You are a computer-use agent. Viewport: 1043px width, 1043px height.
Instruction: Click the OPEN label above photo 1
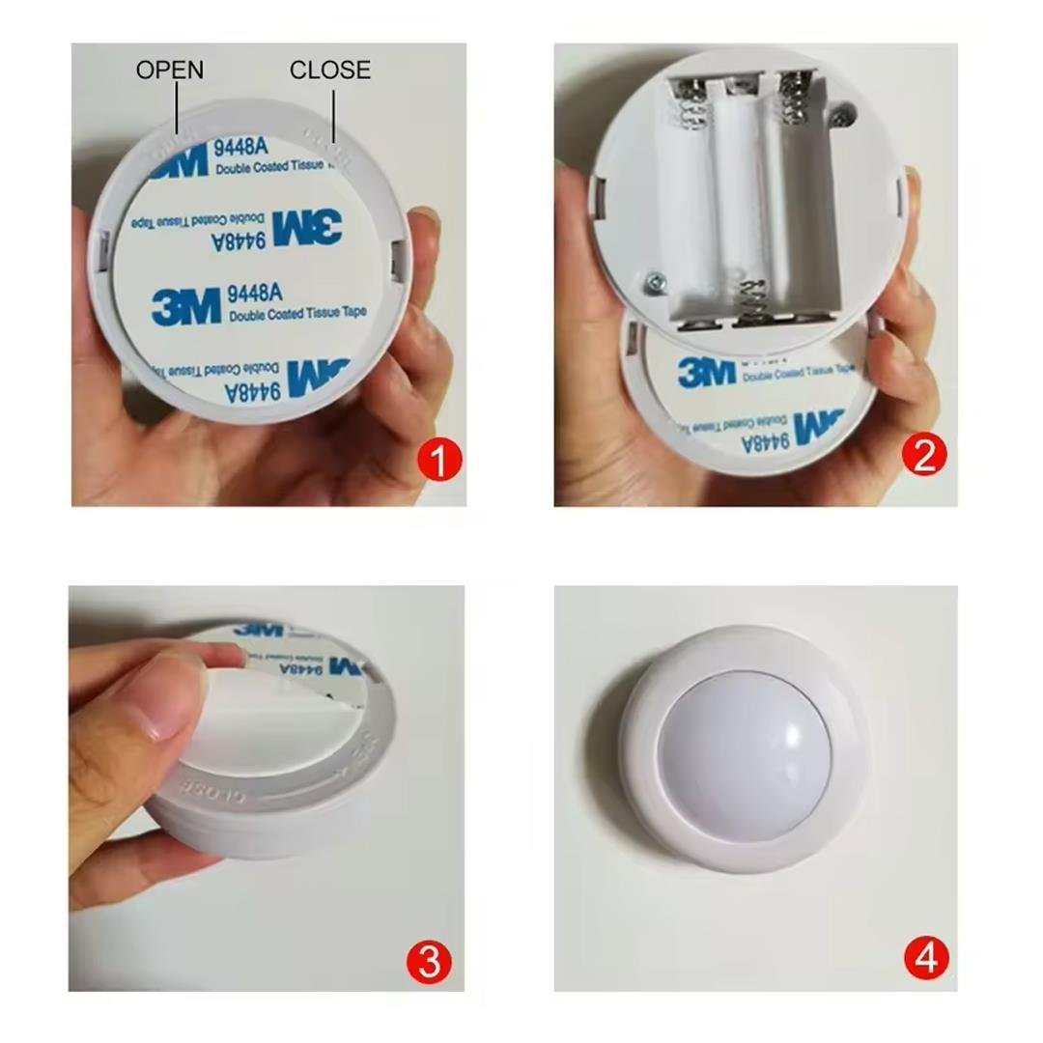pos(170,70)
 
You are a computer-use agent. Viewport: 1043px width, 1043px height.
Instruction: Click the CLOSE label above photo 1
pos(330,70)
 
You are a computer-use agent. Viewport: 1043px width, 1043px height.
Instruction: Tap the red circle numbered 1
pos(439,462)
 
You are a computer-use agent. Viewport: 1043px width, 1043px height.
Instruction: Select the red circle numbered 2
pos(923,455)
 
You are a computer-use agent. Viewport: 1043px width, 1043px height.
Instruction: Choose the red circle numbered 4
pos(926,959)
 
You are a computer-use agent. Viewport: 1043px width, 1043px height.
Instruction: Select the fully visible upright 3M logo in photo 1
pos(185,305)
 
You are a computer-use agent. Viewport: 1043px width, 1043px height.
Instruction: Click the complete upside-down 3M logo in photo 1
pos(307,228)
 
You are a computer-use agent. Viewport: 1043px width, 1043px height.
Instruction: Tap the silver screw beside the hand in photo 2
pos(654,281)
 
